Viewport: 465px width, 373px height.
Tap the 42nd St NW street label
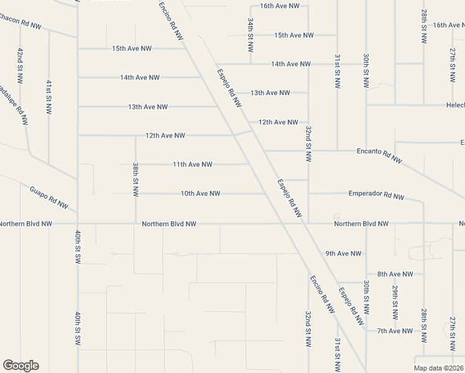(x=21, y=65)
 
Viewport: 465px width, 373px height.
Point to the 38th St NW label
(x=135, y=180)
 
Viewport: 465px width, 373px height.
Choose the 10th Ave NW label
(x=200, y=194)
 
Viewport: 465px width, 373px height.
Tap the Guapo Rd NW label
(x=49, y=196)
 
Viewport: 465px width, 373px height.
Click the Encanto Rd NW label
(x=379, y=155)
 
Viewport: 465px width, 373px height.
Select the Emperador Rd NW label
(x=376, y=195)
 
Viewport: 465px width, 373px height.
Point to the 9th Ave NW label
(x=343, y=254)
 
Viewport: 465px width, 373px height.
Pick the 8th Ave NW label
(x=395, y=274)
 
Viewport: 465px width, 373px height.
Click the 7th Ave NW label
(x=394, y=331)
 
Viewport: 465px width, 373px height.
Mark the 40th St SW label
(x=78, y=329)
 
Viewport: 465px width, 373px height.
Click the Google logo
(x=21, y=366)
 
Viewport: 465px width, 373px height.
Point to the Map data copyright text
(x=438, y=368)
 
